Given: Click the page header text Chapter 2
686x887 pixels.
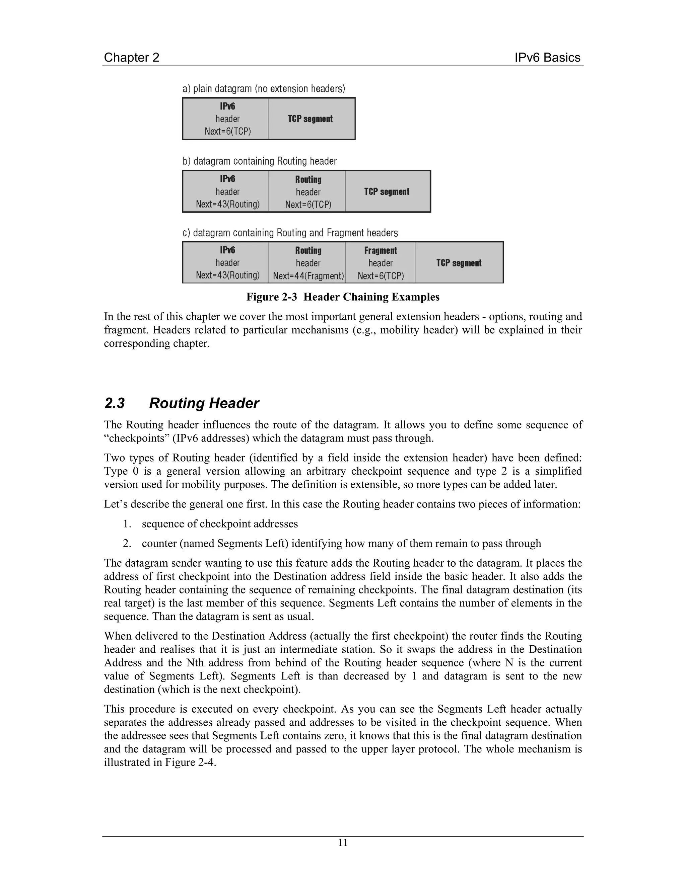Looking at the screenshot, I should click(131, 58).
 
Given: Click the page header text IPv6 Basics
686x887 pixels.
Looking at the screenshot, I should click(547, 58).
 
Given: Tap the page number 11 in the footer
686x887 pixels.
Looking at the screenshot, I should click(343, 842).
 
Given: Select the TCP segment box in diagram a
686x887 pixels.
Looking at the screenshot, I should click(311, 118).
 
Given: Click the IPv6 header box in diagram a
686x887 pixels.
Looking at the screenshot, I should click(226, 118).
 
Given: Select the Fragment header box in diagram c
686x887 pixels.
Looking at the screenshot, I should click(380, 263).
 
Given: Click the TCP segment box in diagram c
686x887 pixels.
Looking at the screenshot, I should click(459, 263).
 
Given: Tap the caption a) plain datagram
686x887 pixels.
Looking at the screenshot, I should click(263, 89).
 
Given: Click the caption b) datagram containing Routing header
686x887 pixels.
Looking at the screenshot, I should click(259, 161).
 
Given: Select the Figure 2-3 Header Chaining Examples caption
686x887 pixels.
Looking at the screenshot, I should click(343, 297).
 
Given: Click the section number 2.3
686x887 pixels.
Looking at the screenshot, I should click(115, 403).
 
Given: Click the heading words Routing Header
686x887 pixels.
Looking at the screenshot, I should click(204, 403).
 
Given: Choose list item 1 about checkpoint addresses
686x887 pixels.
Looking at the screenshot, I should click(219, 524).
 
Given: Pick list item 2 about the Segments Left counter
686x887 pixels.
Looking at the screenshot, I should click(341, 543).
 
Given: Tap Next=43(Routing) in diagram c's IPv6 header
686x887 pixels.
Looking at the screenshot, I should click(227, 275).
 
